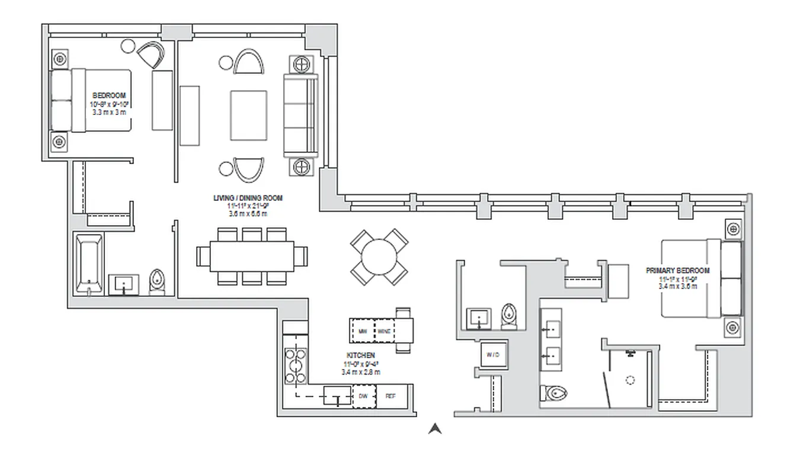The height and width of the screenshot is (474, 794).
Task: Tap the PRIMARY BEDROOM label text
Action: [x=678, y=271]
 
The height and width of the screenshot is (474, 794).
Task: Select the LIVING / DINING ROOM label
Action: [x=248, y=198]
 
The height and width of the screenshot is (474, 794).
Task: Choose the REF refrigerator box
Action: [x=390, y=396]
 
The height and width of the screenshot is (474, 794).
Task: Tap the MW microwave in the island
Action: [x=362, y=330]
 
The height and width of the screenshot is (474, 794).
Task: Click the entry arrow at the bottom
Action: [x=435, y=428]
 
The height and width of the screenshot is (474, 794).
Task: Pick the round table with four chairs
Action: [x=379, y=257]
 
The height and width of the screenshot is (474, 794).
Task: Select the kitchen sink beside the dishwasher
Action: [x=337, y=396]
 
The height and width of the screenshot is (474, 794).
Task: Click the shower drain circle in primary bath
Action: [x=630, y=380]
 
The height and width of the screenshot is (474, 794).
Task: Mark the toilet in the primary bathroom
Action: [x=553, y=392]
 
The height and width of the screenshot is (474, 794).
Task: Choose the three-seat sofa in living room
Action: [x=301, y=115]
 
